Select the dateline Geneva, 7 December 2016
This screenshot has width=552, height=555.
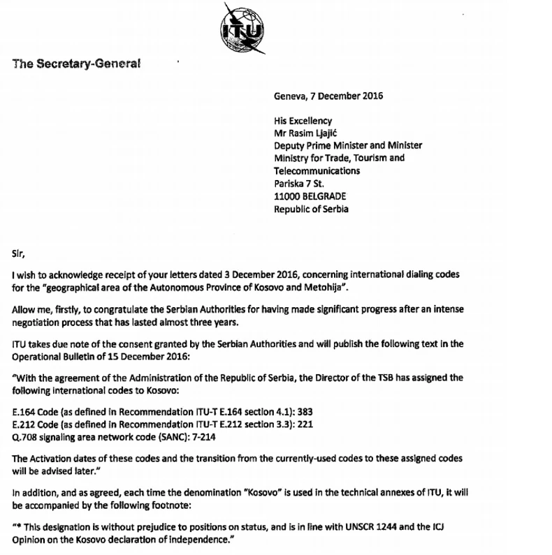328,96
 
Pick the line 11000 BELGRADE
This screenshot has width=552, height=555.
310,196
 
